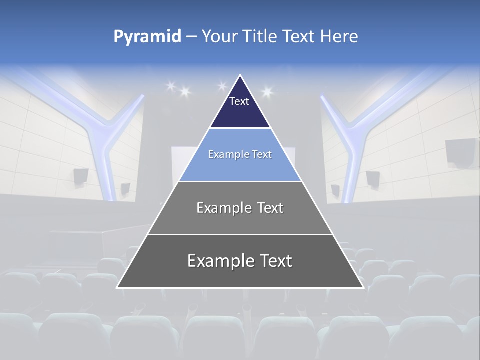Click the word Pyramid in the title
point(147,37)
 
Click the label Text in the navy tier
point(239,101)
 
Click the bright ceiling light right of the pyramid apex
point(266,92)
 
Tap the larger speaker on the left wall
point(81,176)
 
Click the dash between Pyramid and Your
point(191,37)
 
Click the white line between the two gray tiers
point(240,234)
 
